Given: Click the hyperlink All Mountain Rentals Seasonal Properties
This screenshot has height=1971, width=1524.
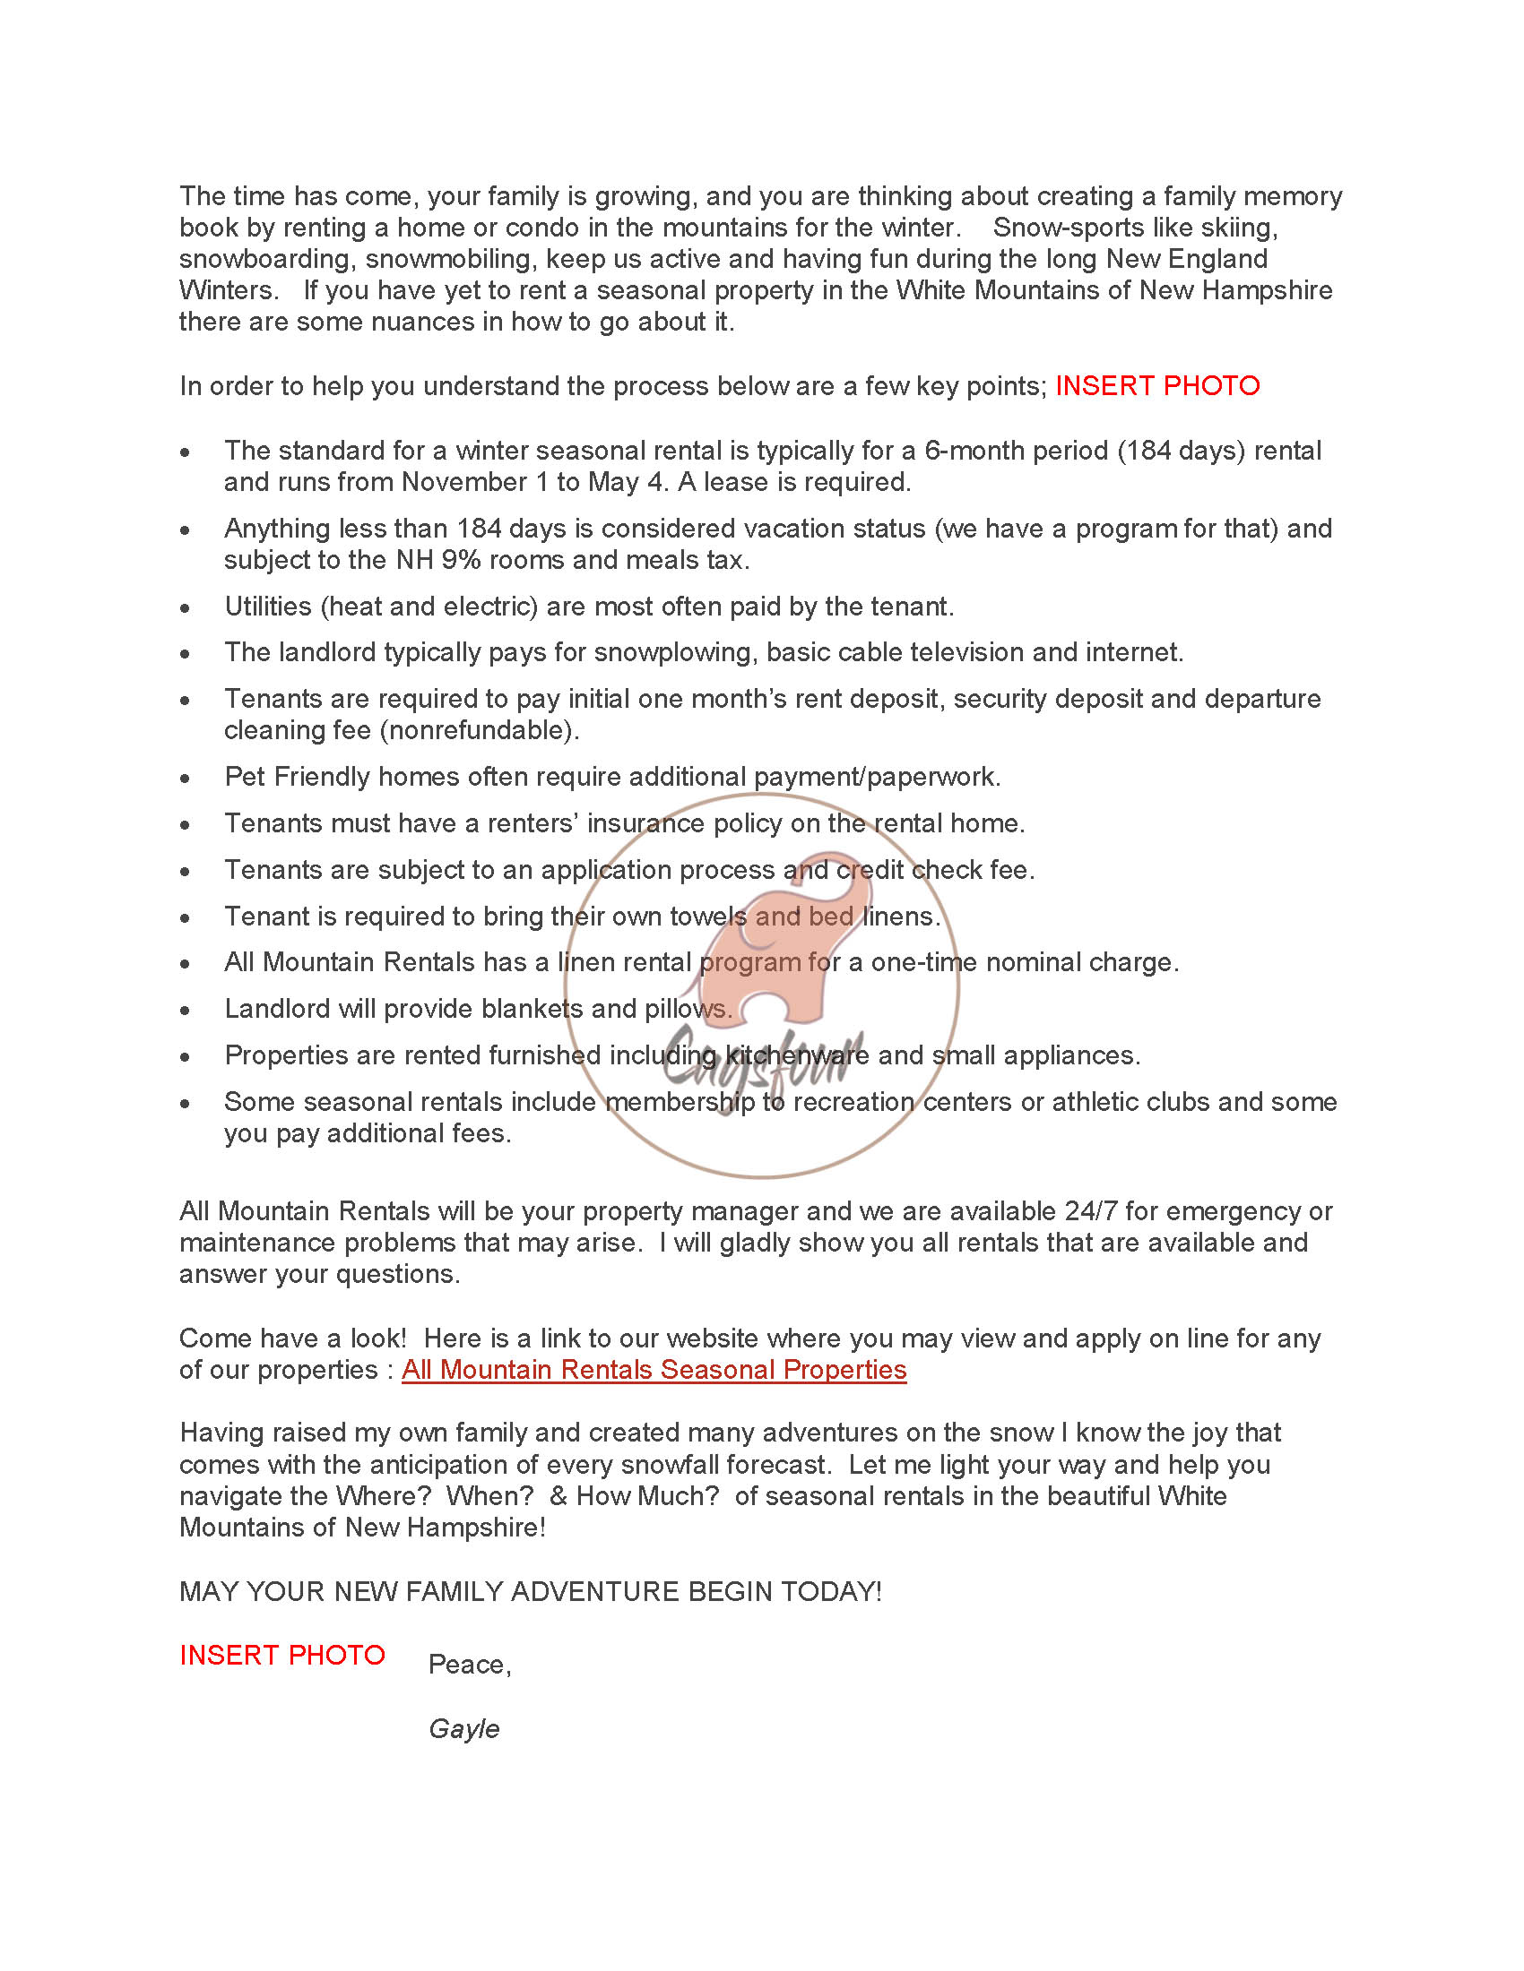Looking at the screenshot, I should (x=654, y=1369).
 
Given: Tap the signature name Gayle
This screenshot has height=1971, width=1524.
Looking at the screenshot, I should (x=463, y=1728).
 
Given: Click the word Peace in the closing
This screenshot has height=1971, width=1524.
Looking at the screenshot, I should (x=468, y=1665).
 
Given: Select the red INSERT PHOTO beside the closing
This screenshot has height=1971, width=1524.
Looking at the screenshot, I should (x=281, y=1655).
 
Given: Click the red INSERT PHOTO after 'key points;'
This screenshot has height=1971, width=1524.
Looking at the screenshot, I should (x=1156, y=385).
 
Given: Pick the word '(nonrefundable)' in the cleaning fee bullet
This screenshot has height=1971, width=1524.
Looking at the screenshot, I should (x=480, y=729).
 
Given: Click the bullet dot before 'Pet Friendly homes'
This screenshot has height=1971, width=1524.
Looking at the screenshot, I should (x=185, y=778).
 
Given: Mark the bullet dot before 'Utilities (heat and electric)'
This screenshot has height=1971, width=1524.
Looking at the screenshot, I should (x=185, y=607).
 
